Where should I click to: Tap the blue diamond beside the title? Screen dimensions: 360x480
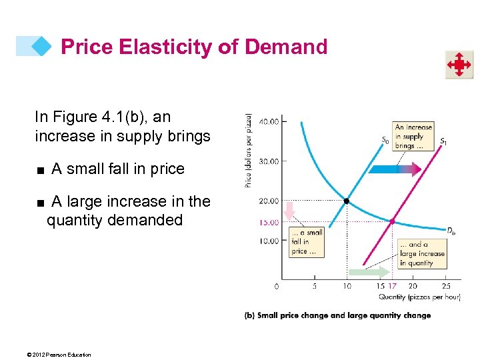coord(41,46)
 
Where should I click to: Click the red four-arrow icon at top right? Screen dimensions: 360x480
coord(459,65)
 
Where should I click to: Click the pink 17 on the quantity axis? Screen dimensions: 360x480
coord(393,286)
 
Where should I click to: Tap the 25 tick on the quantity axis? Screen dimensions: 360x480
coord(446,286)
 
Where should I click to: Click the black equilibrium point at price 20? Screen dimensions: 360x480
coord(347,201)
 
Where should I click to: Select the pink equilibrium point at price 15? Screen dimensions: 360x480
coord(392,221)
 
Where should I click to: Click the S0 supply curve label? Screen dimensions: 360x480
coord(385,140)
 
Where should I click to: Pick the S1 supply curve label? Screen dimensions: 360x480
coord(443,141)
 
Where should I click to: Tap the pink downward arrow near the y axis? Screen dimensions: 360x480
coord(289,212)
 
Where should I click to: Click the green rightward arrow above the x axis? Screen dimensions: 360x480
coord(368,272)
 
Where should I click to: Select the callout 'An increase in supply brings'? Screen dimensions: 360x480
coord(413,136)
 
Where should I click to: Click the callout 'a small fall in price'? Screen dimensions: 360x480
coord(307,242)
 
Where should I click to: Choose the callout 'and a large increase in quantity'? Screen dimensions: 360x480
coord(422,254)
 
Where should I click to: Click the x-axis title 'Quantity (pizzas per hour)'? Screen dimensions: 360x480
coord(419,297)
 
